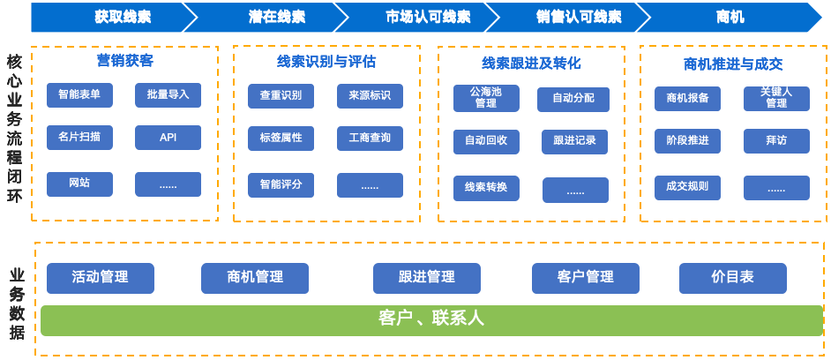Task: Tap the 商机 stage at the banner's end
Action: (730, 17)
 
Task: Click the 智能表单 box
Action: (79, 94)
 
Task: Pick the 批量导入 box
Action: (168, 94)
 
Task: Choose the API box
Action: (168, 138)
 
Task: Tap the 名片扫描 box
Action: (79, 138)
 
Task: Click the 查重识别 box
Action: (281, 95)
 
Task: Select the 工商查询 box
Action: (370, 138)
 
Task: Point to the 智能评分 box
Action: (281, 184)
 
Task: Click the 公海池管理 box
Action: (486, 98)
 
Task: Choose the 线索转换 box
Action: (486, 188)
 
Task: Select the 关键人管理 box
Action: (776, 98)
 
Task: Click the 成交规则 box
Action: (687, 187)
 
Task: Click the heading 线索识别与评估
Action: (326, 62)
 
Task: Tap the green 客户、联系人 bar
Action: (431, 319)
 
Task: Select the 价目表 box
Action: (732, 277)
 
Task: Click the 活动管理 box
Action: (100, 277)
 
